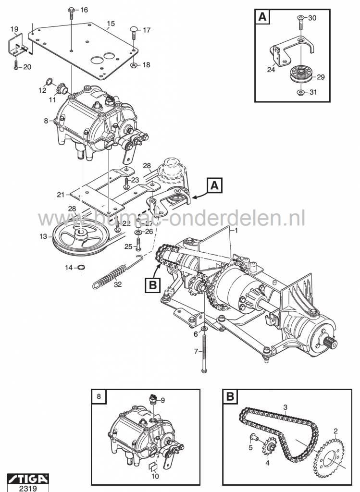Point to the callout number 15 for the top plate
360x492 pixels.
click(111, 23)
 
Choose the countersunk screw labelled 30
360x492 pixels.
click(299, 20)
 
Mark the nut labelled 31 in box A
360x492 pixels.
click(299, 92)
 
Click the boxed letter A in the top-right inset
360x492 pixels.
click(262, 17)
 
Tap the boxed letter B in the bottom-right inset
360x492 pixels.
click(230, 398)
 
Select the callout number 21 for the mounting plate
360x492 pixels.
click(60, 195)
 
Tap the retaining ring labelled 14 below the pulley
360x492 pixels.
click(81, 267)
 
